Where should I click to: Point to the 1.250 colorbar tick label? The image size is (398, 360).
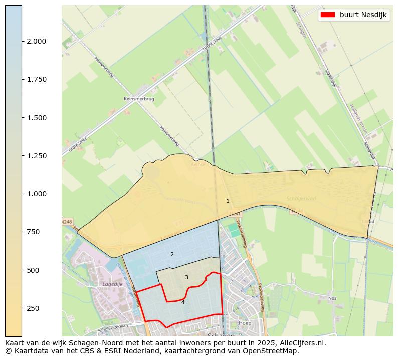pyautogui.click(x=36, y=156)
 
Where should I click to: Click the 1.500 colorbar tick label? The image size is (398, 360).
pyautogui.click(x=36, y=118)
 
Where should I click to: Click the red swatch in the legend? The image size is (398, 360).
pyautogui.click(x=328, y=15)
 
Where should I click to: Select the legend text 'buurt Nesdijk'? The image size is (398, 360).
pyautogui.click(x=363, y=15)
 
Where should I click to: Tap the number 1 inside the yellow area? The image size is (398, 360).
pyautogui.click(x=228, y=201)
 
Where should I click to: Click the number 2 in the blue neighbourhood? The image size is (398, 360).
pyautogui.click(x=172, y=254)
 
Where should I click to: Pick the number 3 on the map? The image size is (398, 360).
pyautogui.click(x=186, y=277)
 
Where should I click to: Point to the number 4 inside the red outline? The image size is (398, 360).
pyautogui.click(x=183, y=302)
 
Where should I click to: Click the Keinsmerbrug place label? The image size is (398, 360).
pyautogui.click(x=139, y=99)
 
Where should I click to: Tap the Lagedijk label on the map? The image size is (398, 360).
pyautogui.click(x=112, y=284)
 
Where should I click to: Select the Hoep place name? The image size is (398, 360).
pyautogui.click(x=245, y=323)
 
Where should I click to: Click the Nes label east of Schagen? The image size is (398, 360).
pyautogui.click(x=332, y=298)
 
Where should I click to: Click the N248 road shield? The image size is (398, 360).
pyautogui.click(x=67, y=221)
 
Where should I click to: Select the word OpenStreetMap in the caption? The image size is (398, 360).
pyautogui.click(x=273, y=351)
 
